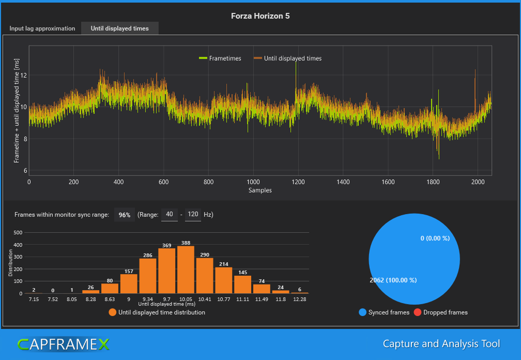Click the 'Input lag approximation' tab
click(x=42, y=28)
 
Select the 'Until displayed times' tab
click(x=119, y=28)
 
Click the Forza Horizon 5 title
click(x=260, y=16)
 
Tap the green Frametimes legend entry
click(x=220, y=58)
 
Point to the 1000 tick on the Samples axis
click(x=253, y=182)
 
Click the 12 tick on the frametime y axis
click(x=23, y=76)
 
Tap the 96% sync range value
click(x=125, y=215)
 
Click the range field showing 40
click(x=170, y=215)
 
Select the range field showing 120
click(x=193, y=215)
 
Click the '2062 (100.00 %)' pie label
click(x=393, y=280)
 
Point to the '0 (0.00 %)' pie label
click(x=435, y=238)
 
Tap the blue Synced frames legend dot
click(x=362, y=312)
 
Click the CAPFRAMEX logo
click(x=64, y=344)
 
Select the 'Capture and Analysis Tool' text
click(x=441, y=343)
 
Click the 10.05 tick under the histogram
click(x=186, y=299)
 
